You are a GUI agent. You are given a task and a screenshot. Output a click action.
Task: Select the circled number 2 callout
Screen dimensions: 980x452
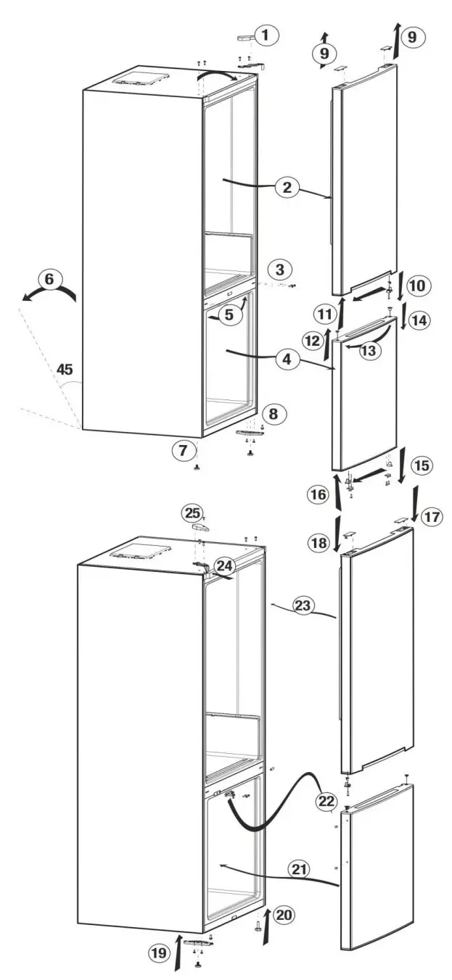coord(287,188)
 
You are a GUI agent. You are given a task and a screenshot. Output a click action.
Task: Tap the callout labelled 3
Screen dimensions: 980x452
coord(280,270)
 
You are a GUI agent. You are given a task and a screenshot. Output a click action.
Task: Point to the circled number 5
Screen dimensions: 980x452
coord(229,316)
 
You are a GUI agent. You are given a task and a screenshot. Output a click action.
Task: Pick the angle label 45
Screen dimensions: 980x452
coord(65,370)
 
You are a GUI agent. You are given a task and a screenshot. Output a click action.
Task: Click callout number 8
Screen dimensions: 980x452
coord(274,414)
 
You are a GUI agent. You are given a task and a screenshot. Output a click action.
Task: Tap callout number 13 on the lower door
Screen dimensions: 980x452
coord(369,350)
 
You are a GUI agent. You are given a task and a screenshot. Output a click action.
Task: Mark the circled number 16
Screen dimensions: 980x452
coord(316,495)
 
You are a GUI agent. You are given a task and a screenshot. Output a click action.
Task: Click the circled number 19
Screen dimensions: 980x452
coord(157,953)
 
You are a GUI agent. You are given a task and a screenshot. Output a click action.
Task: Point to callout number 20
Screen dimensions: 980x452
coord(284,915)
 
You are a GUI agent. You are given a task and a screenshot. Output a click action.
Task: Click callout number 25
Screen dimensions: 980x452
coord(192,513)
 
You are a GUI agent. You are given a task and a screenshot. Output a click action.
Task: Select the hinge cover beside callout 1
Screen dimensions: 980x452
coord(244,38)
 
